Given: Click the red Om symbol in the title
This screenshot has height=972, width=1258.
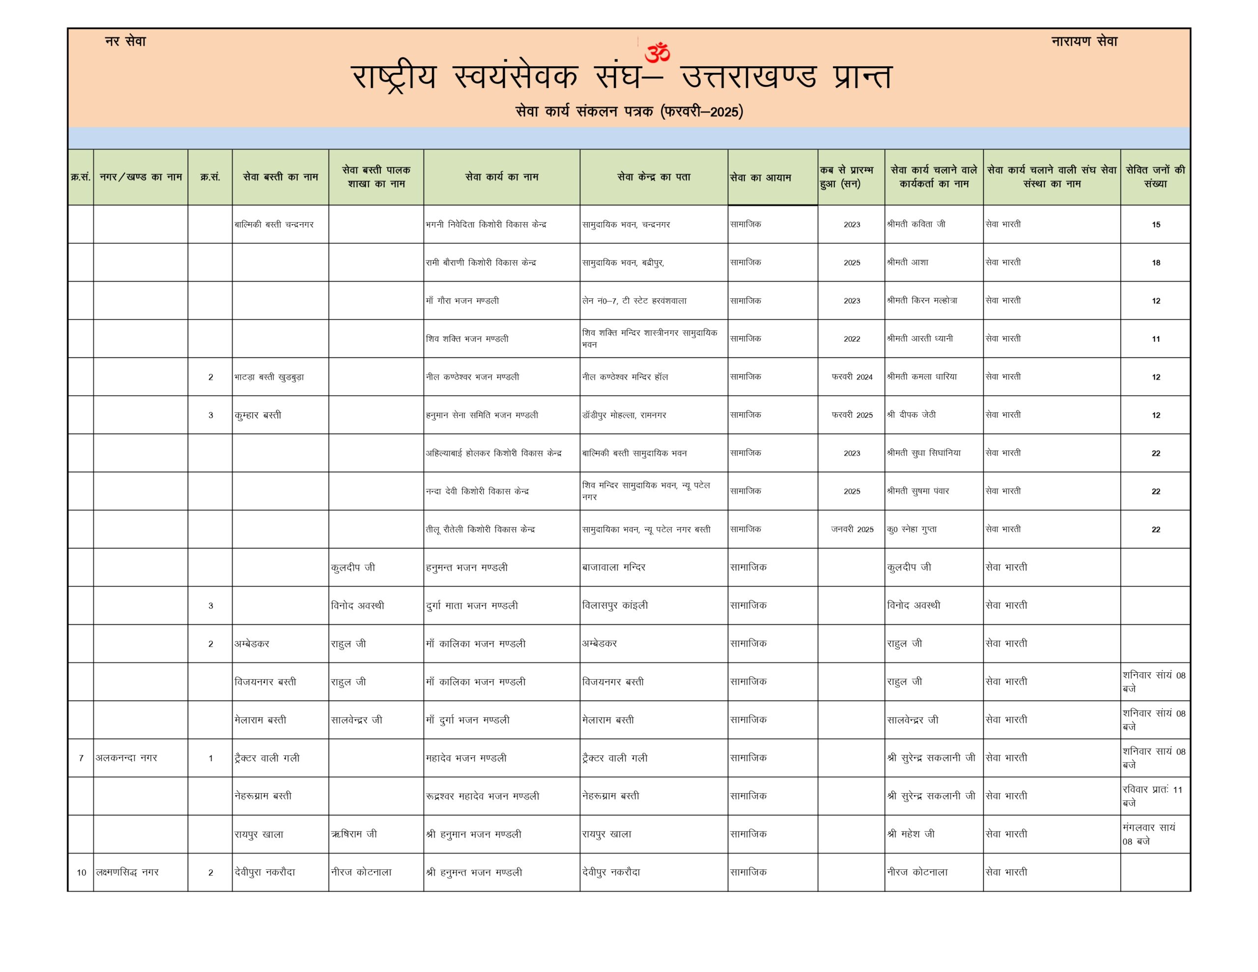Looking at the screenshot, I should [x=657, y=53].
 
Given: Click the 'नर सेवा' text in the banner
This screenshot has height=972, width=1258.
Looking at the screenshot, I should [x=126, y=41].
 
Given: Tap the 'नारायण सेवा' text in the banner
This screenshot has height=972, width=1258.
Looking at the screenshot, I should [x=1084, y=41].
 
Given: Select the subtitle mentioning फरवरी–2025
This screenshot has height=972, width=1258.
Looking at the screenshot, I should [x=629, y=111].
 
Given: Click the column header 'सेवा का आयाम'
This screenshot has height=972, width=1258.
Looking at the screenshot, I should [x=760, y=177].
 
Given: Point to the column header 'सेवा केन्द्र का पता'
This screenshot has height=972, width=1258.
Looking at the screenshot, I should [x=653, y=177].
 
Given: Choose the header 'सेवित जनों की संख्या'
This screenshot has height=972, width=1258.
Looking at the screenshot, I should [x=1155, y=177].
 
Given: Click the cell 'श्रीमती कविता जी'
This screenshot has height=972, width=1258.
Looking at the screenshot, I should [x=916, y=224].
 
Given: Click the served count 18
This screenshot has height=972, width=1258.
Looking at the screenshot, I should [x=1155, y=263].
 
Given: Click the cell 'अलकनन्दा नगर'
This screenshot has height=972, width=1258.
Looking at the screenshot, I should [x=126, y=758].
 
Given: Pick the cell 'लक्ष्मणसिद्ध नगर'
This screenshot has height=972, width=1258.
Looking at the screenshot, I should [x=127, y=872].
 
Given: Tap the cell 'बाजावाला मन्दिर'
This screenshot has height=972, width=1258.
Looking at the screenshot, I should [x=613, y=568].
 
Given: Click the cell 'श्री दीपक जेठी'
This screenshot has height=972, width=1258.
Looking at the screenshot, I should [x=911, y=415].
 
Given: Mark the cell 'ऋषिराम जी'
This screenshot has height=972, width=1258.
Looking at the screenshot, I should [x=354, y=834].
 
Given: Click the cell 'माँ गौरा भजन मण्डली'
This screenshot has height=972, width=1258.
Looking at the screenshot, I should [x=462, y=301].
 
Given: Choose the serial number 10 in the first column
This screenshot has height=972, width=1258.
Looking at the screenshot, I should [x=81, y=872].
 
